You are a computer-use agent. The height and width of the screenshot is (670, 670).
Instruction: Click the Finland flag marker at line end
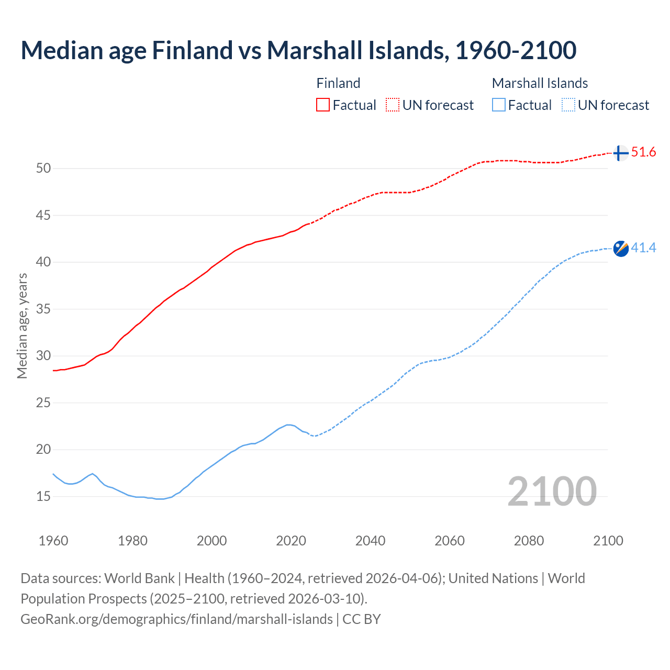point(620,153)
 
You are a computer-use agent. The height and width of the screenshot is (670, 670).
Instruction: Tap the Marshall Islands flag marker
point(621,248)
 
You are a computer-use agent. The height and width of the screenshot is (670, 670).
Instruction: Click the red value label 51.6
point(643,152)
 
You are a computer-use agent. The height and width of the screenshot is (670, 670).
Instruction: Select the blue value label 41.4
point(643,248)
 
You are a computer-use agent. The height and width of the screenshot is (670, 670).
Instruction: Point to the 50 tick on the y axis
point(43,168)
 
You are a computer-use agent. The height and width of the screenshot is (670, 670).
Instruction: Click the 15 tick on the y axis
point(43,496)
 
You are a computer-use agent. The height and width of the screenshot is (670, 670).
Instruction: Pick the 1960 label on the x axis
point(53,541)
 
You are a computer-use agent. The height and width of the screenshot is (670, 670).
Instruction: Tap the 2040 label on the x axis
point(370,541)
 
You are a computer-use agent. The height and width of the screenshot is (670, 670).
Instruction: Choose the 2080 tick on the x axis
point(529,541)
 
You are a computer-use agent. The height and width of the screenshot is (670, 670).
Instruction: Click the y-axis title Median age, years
point(22,326)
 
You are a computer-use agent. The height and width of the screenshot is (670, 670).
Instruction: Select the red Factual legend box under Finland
point(323,105)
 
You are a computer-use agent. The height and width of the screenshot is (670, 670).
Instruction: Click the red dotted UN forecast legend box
point(393,105)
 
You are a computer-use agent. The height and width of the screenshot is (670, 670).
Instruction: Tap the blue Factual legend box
point(499,105)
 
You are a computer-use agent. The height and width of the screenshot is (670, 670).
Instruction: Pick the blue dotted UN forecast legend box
point(568,105)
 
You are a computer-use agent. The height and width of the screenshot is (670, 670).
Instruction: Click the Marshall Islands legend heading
point(540,83)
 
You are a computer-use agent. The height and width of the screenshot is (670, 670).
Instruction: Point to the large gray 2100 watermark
point(552,491)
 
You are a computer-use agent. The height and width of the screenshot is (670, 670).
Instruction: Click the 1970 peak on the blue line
point(93,474)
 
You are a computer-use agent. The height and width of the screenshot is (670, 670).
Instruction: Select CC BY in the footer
point(362,619)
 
